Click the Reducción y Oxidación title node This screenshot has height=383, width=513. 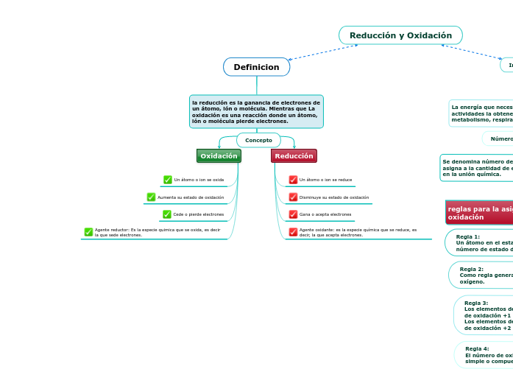click(400, 35)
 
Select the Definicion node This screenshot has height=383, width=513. click(256, 67)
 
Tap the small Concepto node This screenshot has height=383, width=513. click(258, 140)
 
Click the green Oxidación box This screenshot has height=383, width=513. click(219, 156)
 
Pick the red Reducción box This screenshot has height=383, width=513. click(294, 156)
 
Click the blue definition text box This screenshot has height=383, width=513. click(256, 111)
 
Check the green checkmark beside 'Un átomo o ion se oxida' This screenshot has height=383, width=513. click(168, 180)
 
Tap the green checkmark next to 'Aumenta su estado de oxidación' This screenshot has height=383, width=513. click(151, 197)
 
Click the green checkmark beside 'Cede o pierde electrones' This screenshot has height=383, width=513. click(167, 214)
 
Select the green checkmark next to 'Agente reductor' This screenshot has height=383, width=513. click(88, 232)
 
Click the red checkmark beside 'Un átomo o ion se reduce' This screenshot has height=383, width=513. click(293, 180)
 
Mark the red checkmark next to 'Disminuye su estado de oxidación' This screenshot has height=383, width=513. click(293, 197)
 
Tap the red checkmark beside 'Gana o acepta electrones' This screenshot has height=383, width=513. click(293, 214)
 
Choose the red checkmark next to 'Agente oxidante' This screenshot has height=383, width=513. click(293, 232)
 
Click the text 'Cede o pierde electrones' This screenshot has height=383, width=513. click(199, 214)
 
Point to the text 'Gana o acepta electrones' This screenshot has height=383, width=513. click(325, 214)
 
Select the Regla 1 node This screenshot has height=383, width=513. click(482, 242)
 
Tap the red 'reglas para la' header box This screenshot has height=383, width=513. click(479, 212)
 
